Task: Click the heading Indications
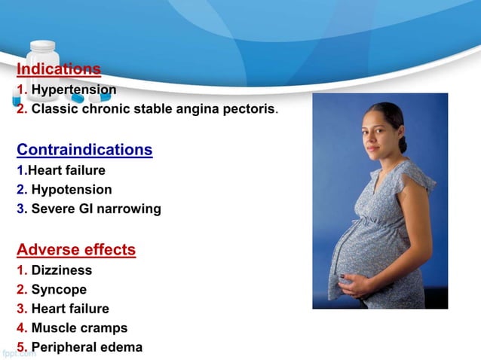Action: click(59, 69)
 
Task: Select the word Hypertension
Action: click(74, 90)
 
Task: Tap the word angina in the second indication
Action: click(198, 109)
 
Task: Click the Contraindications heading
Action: click(84, 150)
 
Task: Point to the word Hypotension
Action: click(72, 190)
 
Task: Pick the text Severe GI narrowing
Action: click(96, 209)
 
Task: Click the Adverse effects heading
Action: click(76, 249)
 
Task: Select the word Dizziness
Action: click(62, 270)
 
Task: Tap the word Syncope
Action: click(59, 289)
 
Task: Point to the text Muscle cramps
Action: click(79, 328)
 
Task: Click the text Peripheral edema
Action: click(87, 347)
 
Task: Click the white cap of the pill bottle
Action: click(42, 46)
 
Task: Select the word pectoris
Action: click(252, 109)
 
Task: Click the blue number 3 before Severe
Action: click(20, 209)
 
